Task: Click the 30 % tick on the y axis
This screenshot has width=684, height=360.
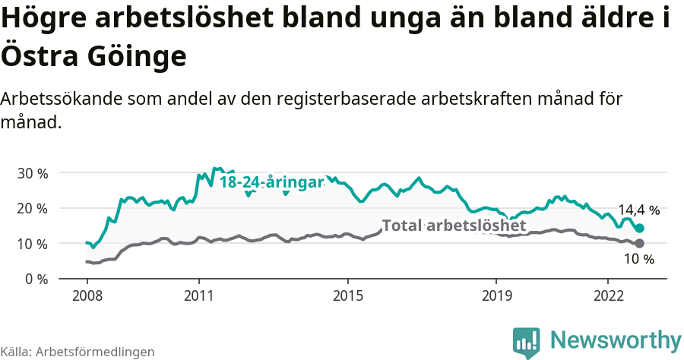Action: [33, 173]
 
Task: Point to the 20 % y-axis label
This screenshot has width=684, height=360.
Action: [33, 208]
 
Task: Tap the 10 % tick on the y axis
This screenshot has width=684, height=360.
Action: [33, 244]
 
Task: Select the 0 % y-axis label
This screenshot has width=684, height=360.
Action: [36, 279]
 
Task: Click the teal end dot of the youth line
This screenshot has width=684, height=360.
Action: [640, 228]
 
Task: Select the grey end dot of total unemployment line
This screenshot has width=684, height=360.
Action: [640, 243]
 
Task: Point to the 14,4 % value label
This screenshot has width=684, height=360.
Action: [638, 210]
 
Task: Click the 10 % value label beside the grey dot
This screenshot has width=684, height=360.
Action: [638, 260]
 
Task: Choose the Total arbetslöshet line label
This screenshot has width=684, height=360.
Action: [454, 226]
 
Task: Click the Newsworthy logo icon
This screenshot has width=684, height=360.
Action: [527, 342]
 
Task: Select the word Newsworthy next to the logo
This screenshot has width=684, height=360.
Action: [616, 340]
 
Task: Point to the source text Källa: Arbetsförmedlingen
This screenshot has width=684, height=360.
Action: [78, 352]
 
